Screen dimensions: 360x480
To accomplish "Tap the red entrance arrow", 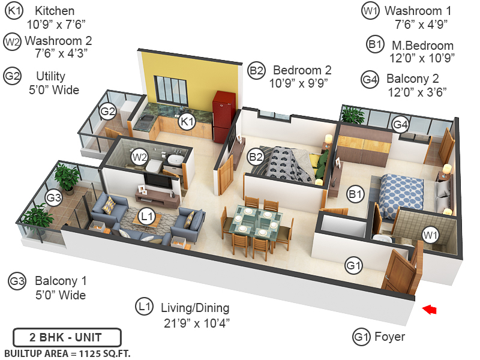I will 429,310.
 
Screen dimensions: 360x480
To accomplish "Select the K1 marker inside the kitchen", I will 187,122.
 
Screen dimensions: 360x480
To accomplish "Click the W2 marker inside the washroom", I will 140,157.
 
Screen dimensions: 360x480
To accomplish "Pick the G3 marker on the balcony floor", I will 54,197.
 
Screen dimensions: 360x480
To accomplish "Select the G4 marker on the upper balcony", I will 400,124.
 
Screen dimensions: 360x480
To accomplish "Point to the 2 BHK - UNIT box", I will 67,337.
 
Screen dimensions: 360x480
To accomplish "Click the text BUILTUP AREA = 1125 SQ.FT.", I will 67,353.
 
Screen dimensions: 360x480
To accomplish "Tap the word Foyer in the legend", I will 389,337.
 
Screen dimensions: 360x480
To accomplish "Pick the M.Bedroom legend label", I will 422,46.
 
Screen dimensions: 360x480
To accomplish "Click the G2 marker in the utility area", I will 108,111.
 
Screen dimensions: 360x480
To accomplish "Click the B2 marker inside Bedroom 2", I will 256,157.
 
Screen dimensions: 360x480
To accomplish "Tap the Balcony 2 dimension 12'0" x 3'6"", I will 416,92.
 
